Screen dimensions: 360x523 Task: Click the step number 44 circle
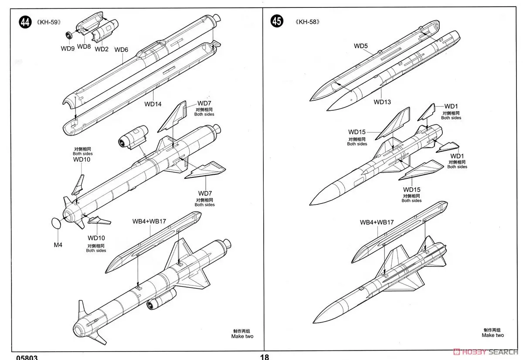point(25,22)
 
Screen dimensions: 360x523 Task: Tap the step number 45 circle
point(276,21)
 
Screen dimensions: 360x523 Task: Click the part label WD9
point(68,48)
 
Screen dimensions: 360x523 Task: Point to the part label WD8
point(84,46)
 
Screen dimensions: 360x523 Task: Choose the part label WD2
point(101,49)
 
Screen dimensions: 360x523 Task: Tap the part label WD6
point(121,50)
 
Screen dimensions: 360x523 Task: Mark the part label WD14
point(153,104)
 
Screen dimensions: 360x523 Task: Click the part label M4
point(58,245)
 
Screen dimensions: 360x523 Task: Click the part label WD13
point(382,102)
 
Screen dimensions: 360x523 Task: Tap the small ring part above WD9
point(69,35)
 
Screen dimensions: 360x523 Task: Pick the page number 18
point(264,357)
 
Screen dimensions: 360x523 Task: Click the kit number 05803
point(27,357)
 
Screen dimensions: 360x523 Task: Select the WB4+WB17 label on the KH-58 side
point(377,222)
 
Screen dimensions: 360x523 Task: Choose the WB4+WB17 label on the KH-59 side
point(149,221)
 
